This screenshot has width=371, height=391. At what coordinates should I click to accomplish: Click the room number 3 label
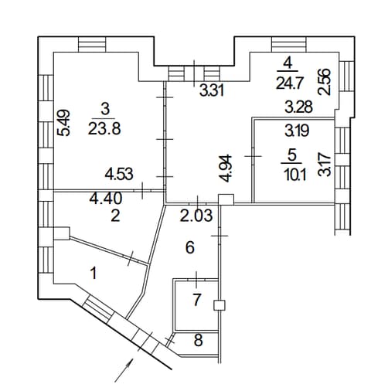[105, 109]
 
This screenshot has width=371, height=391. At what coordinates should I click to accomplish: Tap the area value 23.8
[104, 128]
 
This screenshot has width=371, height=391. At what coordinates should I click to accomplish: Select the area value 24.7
[288, 83]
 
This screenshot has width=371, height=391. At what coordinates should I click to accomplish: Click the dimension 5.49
[63, 123]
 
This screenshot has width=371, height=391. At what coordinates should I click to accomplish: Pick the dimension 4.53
[119, 174]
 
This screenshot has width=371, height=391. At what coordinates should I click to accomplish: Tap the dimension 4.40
[106, 199]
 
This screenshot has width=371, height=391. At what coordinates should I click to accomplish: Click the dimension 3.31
[212, 90]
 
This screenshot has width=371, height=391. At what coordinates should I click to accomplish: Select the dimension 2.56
[325, 82]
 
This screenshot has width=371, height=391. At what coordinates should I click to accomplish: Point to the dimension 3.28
[299, 107]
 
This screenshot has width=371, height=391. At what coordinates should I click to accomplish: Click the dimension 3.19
[297, 131]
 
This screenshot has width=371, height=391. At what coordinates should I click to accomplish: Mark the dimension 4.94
[226, 168]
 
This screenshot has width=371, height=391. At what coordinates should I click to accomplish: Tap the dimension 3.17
[325, 165]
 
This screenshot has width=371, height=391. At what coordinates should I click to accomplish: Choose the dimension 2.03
[196, 216]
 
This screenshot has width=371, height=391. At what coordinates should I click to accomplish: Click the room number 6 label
[190, 248]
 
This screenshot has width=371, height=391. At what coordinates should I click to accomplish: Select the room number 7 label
[196, 300]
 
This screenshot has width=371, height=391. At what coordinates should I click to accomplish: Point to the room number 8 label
[198, 340]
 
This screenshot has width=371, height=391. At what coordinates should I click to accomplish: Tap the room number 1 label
[94, 274]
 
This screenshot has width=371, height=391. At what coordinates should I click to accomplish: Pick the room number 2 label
[115, 216]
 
